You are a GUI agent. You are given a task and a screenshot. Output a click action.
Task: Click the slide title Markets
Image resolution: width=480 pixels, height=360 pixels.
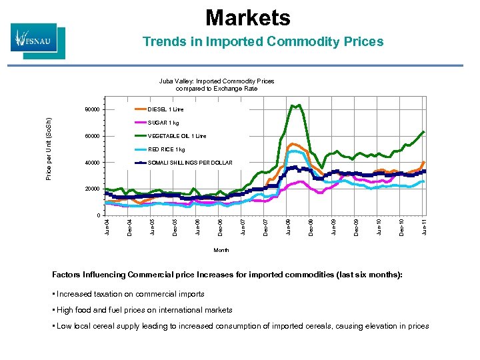click(247, 17)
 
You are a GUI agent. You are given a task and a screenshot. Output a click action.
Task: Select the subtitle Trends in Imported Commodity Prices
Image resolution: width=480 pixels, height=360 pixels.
click(263, 42)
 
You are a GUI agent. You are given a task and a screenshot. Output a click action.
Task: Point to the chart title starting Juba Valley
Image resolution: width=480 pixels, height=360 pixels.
click(217, 85)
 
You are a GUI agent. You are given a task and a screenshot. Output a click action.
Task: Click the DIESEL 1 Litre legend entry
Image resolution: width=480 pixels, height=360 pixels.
click(165, 109)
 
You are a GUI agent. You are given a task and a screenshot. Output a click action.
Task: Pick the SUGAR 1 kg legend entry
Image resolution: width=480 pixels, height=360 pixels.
click(163, 123)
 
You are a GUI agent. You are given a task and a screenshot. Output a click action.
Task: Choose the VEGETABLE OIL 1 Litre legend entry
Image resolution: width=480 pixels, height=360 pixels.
click(177, 136)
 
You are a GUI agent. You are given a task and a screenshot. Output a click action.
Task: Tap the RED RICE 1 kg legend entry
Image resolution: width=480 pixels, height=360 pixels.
click(166, 149)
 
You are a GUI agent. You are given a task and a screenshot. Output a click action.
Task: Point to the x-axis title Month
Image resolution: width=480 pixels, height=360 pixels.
click(221, 250)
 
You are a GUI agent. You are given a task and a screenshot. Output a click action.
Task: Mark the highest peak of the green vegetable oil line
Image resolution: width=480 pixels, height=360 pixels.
click(293, 105)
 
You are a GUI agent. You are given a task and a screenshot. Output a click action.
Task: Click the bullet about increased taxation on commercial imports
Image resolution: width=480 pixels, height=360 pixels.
click(131, 294)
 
